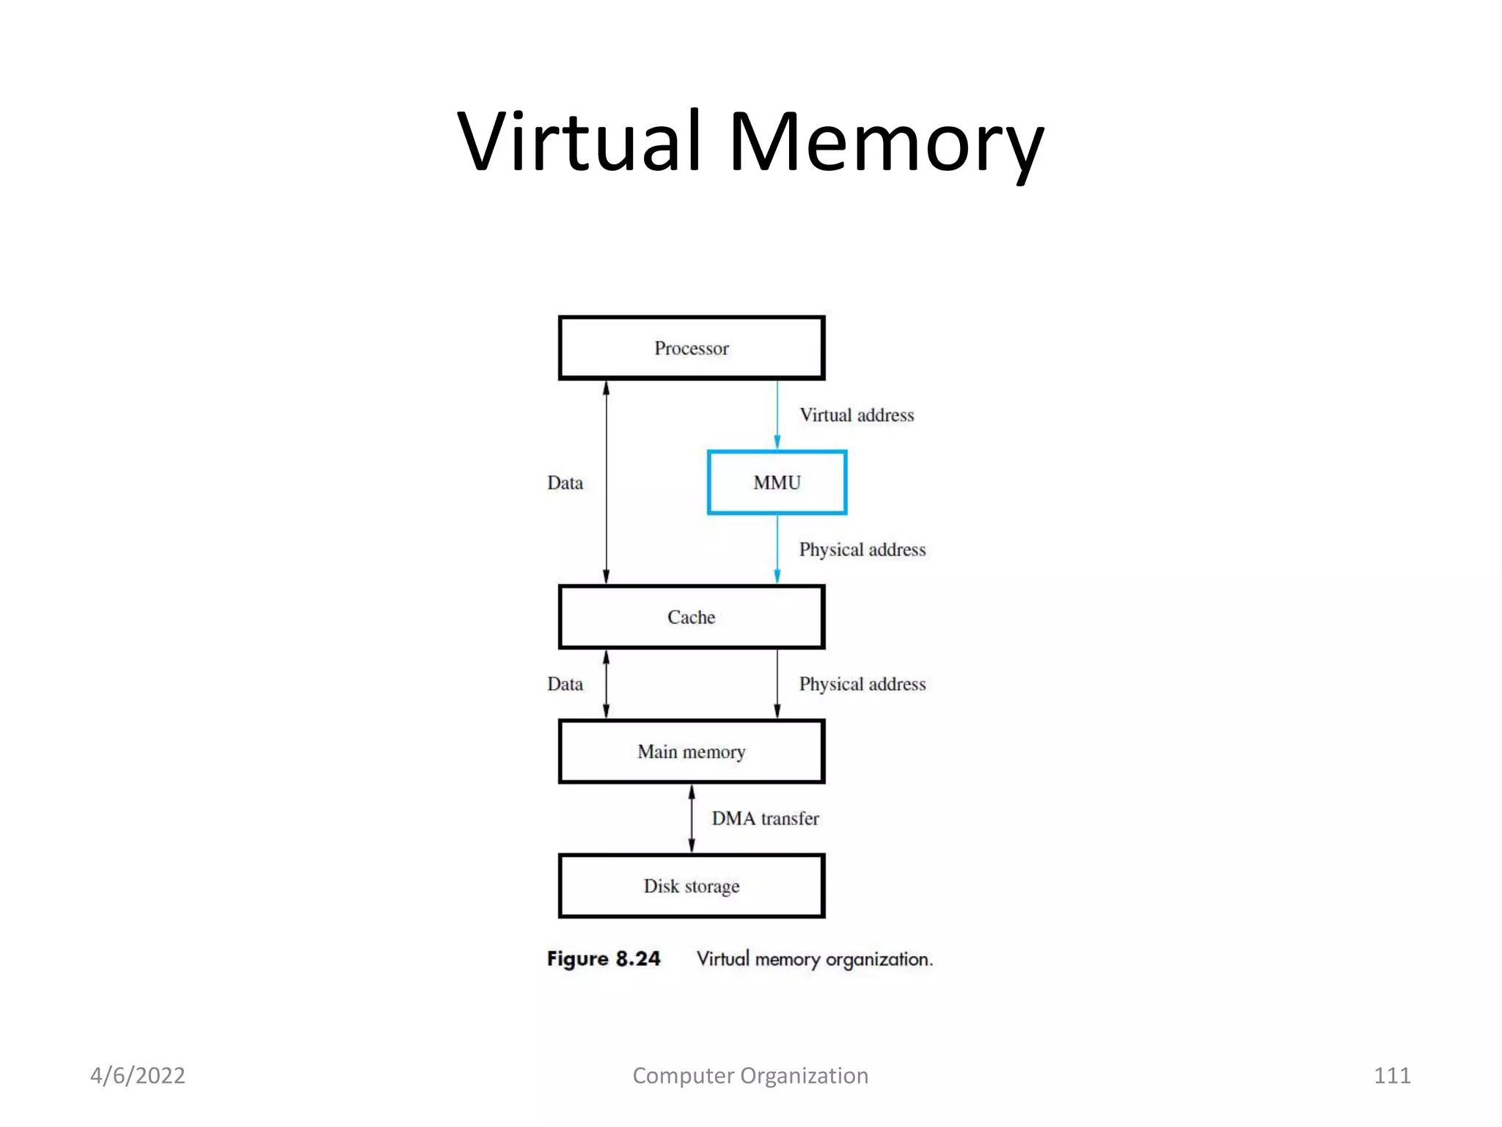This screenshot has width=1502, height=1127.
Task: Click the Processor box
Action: (692, 348)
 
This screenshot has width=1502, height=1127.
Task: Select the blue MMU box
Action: (777, 483)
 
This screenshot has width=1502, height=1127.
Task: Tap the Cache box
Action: (692, 617)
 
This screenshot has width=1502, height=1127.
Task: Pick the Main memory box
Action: (692, 751)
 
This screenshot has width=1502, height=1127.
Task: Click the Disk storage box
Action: (692, 886)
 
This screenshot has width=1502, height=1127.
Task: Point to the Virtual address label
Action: (857, 415)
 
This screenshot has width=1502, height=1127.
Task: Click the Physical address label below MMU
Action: (862, 550)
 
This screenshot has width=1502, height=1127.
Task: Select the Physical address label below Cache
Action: (862, 684)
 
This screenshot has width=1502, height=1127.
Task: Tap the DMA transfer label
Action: (765, 818)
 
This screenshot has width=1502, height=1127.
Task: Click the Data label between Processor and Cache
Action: (565, 483)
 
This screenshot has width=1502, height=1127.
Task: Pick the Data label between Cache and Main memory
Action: (565, 684)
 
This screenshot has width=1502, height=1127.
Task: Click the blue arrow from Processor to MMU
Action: (777, 415)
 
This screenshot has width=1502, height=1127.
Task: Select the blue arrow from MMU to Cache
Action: (777, 549)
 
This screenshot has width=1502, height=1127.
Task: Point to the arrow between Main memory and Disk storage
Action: (692, 818)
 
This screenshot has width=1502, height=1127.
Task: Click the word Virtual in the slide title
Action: (579, 141)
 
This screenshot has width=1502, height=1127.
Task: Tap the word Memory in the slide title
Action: (886, 141)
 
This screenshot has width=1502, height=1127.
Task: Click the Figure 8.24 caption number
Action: (604, 959)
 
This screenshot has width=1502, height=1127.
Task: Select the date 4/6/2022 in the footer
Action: (137, 1076)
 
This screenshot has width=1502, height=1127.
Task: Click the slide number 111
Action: (1391, 1076)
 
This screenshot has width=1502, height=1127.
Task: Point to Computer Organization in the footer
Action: (750, 1076)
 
